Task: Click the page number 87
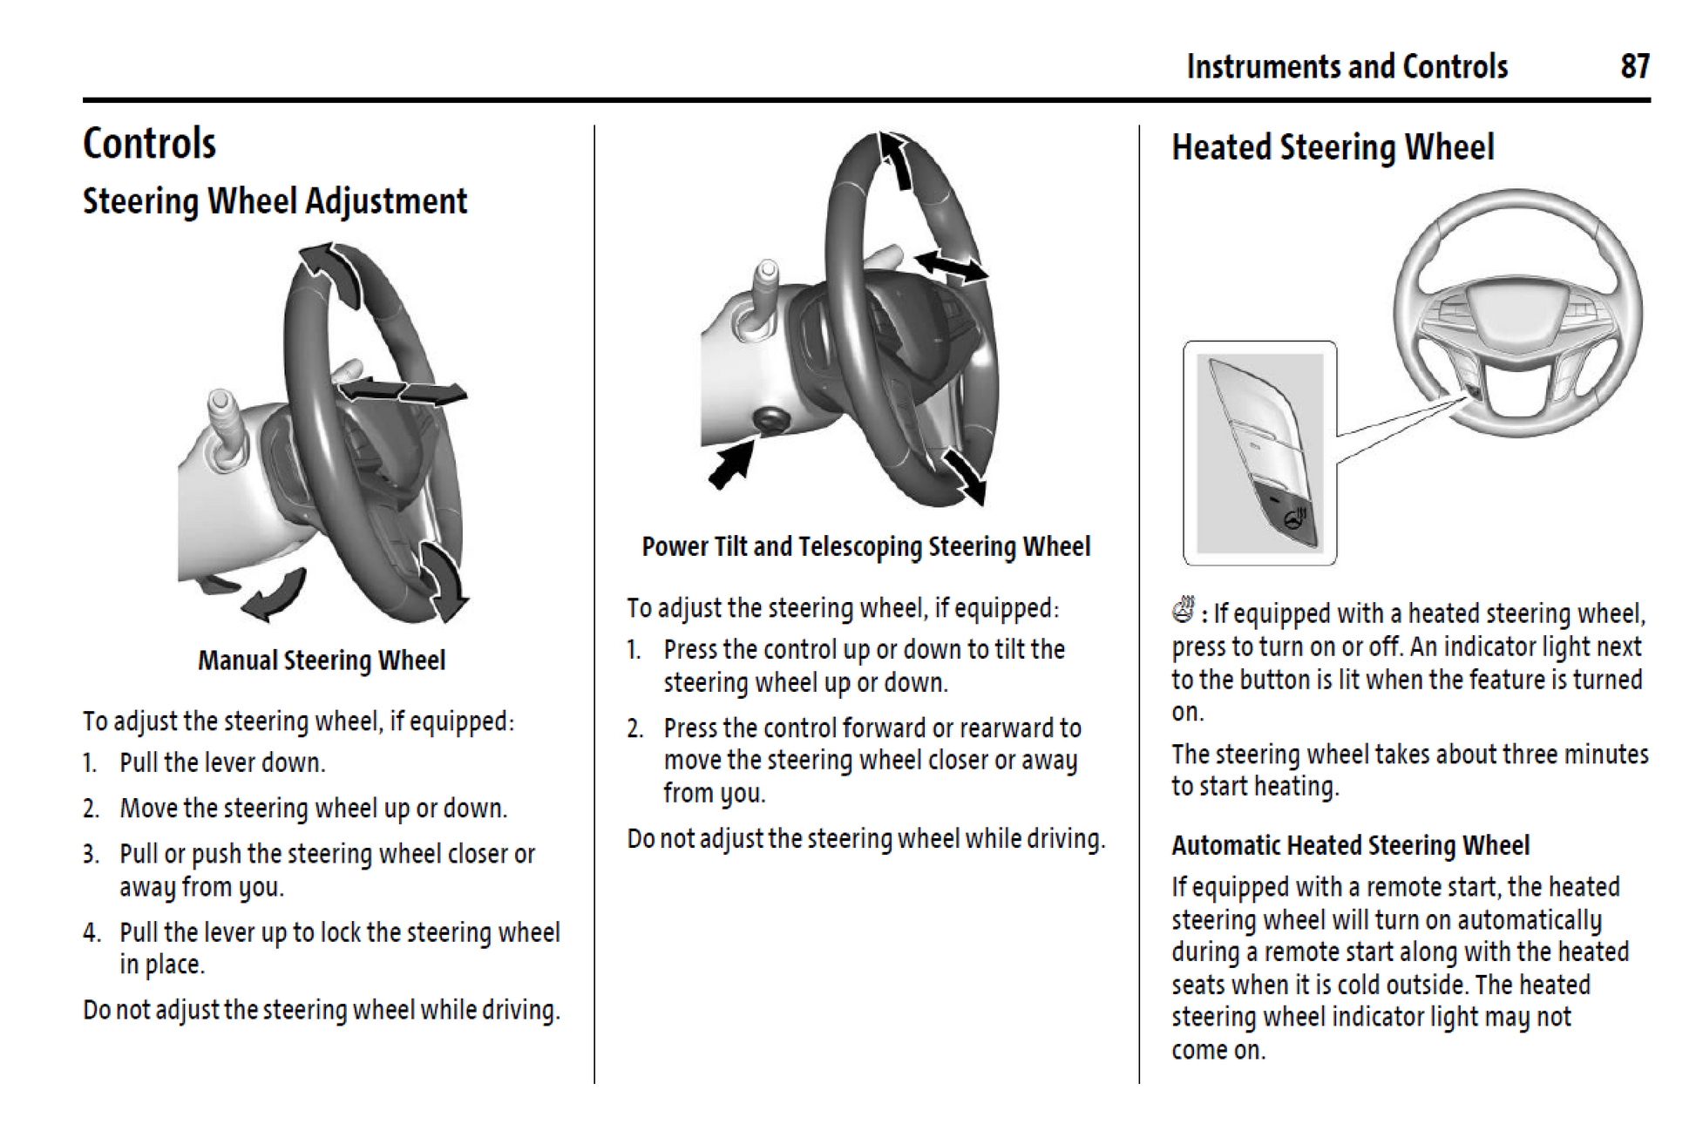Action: (1634, 66)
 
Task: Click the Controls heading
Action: (149, 144)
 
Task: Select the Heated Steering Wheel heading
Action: (1332, 147)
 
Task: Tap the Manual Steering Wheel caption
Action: (321, 660)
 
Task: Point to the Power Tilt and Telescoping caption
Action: (865, 546)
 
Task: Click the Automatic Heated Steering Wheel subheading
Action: (1349, 845)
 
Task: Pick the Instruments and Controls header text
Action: (1347, 66)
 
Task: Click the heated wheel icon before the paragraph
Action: (1183, 610)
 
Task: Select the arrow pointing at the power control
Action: (730, 464)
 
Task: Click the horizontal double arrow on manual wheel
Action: (403, 391)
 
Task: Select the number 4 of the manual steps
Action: (92, 932)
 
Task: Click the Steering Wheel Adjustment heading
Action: (275, 201)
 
